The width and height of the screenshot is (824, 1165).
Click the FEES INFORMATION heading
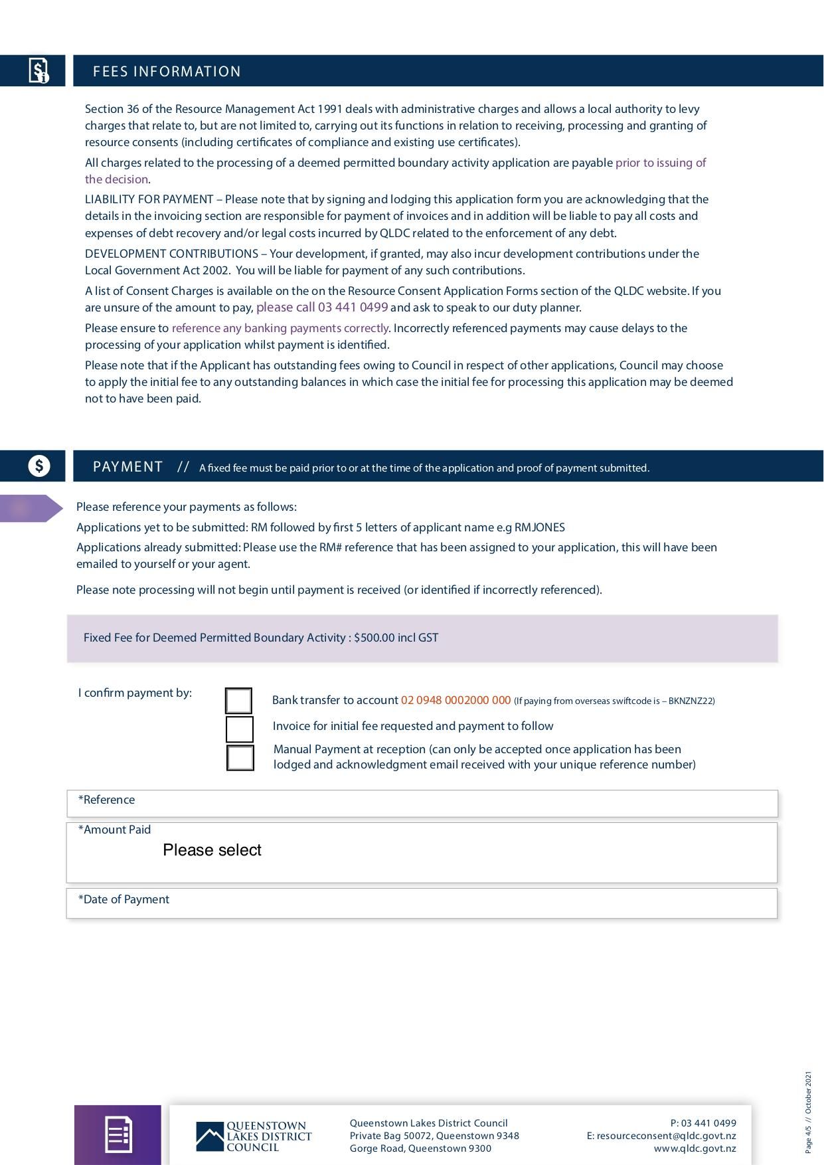click(x=167, y=72)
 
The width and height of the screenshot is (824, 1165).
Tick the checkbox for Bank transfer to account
click(x=238, y=701)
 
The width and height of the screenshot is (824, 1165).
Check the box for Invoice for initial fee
click(x=240, y=729)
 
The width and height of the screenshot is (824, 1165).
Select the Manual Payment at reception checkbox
click(x=240, y=758)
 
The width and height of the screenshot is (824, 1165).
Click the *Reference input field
click(x=422, y=804)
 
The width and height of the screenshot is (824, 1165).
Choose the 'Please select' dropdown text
click(x=212, y=850)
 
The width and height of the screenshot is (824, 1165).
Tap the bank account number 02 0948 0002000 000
click(x=455, y=700)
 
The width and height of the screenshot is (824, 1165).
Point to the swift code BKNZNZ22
click(x=691, y=701)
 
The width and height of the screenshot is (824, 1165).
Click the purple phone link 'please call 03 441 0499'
click(x=322, y=308)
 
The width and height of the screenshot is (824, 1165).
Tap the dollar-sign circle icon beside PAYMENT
click(x=39, y=466)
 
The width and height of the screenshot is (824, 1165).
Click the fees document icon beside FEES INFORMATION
click(x=39, y=70)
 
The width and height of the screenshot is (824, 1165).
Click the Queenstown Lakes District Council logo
click(x=254, y=1136)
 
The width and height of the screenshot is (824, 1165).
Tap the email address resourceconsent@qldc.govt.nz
click(x=666, y=1136)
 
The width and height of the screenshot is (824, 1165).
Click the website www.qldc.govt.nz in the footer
click(x=695, y=1148)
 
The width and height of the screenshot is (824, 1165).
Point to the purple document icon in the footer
click(x=118, y=1134)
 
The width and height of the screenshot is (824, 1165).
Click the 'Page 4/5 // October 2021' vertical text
click(x=808, y=1111)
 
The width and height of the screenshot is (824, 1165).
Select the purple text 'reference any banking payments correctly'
click(x=280, y=328)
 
